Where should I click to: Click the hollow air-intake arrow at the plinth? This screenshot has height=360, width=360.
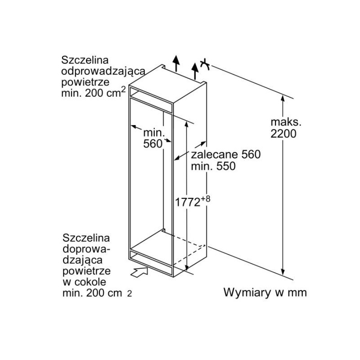(x=139, y=272)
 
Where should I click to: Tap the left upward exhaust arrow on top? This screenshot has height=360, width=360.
(x=176, y=63)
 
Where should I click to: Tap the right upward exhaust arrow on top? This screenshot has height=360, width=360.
(x=195, y=71)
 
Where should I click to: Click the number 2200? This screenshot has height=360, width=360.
(x=283, y=134)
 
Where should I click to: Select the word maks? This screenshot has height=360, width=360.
(x=286, y=122)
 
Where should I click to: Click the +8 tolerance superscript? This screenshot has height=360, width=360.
(x=206, y=198)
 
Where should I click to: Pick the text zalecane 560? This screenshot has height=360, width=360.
(x=226, y=154)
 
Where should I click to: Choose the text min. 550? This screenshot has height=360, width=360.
(x=213, y=166)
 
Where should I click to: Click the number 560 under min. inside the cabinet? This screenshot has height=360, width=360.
(x=153, y=144)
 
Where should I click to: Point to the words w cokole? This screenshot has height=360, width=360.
(x=85, y=282)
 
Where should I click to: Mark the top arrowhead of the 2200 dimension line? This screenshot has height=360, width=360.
(x=283, y=99)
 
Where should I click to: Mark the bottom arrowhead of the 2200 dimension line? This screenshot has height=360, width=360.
(x=283, y=272)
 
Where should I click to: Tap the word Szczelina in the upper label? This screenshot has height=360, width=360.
(x=85, y=60)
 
